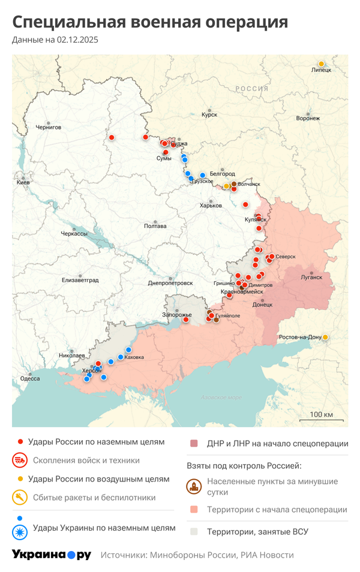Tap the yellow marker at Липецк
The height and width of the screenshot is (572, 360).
pos(321,64)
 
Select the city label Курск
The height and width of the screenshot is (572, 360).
pos(209,115)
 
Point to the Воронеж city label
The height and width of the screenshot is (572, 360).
pos(308,119)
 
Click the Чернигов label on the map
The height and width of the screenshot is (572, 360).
pos(49,127)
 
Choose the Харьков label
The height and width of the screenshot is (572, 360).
pos(211,206)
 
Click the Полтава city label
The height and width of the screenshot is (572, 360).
pos(155,226)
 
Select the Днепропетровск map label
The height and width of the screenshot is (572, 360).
pos(170,282)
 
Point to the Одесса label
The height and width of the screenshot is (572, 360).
pos(30,378)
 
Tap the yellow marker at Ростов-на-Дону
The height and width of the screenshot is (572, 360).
pos(325,337)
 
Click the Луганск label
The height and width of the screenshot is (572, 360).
pos(311,278)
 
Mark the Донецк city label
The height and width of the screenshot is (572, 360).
pos(262,305)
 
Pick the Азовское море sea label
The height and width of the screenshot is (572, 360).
pos(221,398)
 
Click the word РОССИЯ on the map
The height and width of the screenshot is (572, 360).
pos(251,88)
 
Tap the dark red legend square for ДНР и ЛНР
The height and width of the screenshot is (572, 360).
pos(194,444)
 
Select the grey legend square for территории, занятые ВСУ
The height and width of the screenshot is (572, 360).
pos(194,531)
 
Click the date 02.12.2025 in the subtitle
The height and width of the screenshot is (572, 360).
pos(77,40)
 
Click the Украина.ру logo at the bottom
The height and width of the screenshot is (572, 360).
pos(51,555)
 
